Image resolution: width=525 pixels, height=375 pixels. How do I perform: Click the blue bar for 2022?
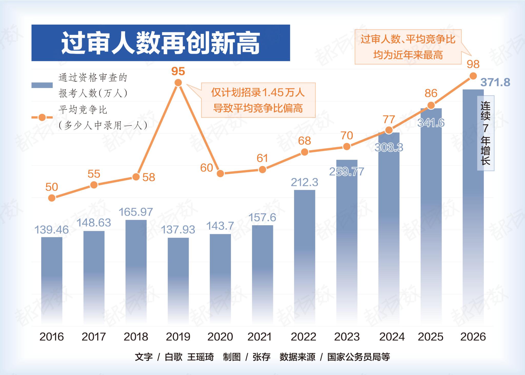click(304, 256)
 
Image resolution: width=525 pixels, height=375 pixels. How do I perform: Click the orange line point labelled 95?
click(178, 83)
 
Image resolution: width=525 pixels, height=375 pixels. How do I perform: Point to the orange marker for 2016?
click(52, 198)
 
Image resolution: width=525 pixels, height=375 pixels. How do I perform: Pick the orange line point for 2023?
click(347, 146)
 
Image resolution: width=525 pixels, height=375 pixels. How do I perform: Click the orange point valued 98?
click(473, 76)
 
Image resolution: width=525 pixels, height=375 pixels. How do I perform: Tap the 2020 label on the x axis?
click(220, 337)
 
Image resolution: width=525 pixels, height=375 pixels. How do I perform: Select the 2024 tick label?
click(392, 337)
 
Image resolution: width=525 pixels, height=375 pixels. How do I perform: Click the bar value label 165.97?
click(136, 212)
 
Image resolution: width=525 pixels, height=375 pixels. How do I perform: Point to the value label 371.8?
click(495, 82)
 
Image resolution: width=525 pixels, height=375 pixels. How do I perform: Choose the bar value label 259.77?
click(347, 172)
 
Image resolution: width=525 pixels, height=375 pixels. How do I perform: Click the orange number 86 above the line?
click(431, 93)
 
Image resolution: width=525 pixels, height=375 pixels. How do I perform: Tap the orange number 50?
click(52, 187)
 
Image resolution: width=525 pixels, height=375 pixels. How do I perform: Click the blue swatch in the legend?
click(42, 85)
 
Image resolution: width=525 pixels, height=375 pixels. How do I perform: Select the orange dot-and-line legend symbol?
click(42, 117)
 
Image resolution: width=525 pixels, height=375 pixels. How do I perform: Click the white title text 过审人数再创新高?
click(160, 43)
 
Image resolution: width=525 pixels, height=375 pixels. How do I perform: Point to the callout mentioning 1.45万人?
click(258, 100)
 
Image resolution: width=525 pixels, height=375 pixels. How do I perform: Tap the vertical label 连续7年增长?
click(486, 133)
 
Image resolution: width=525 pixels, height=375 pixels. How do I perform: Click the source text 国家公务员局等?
click(359, 357)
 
